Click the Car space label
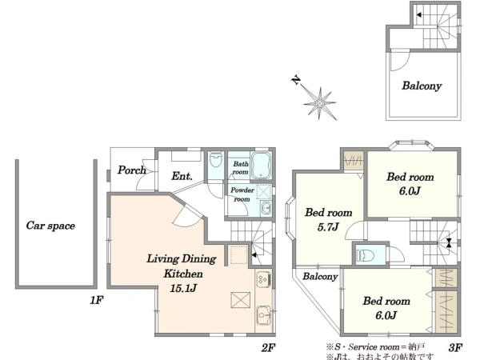(50, 226)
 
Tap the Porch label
(132, 170)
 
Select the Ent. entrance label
(182, 176)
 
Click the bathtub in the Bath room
(261, 166)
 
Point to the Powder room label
(242, 194)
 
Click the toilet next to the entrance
(216, 159)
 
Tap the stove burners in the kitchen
(263, 279)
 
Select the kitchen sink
(263, 315)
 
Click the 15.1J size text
(183, 288)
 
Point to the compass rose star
(320, 104)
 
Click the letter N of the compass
(296, 80)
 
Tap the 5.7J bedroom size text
(328, 227)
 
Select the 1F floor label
(96, 300)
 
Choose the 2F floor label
(268, 348)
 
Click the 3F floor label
(455, 348)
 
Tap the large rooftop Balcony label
(422, 86)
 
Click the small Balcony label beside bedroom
(320, 277)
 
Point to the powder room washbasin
(266, 209)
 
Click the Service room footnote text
(376, 347)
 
